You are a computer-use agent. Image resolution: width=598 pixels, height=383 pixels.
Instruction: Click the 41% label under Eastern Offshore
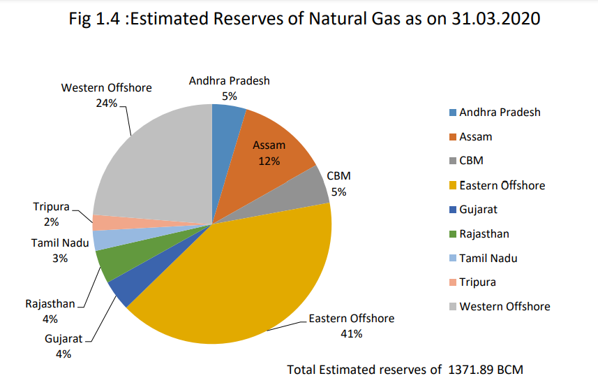[x=351, y=334]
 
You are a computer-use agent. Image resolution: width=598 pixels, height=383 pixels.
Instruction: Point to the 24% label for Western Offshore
[x=106, y=103]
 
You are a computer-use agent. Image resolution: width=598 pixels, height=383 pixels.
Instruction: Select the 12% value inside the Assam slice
[x=269, y=161]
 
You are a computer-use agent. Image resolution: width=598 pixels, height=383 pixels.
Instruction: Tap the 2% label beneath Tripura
[x=51, y=222]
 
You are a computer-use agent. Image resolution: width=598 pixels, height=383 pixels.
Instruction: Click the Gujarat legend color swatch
[x=453, y=210]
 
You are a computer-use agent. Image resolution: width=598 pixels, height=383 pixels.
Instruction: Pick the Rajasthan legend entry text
[x=484, y=233]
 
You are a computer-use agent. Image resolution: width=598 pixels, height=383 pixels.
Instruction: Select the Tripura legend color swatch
[x=453, y=282]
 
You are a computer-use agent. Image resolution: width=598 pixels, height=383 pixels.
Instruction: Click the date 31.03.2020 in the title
[x=496, y=18]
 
